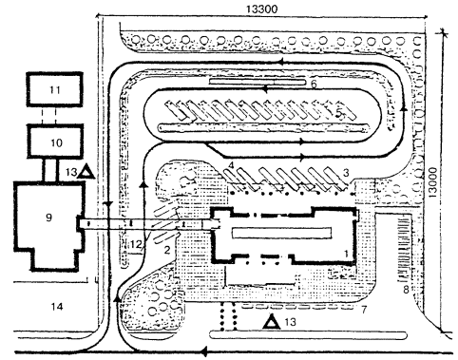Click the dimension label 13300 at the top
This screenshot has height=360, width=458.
pos(261,9)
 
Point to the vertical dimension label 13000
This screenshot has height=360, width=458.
pos(432,182)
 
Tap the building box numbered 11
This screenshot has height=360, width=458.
pos(54,89)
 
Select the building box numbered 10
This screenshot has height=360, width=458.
pos(55,142)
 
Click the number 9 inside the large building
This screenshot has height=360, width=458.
pos(48,218)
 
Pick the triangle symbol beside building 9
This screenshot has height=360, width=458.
pos(86,172)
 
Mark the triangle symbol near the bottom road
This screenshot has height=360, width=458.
pos(273,322)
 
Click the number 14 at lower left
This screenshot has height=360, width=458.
pos(57,306)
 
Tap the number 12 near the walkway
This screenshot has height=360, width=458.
pos(137,244)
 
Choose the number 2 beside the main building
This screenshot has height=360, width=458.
pos(167,250)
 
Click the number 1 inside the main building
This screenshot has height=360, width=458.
pos(346,254)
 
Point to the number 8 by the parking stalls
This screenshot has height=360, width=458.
pos(406,290)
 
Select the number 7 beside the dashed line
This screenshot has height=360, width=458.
pos(364,310)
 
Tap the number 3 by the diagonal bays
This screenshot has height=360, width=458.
pos(346,173)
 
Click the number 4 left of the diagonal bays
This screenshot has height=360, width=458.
pos(231,165)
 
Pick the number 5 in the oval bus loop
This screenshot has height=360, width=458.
pos(339,113)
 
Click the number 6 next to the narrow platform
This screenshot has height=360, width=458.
pos(314,85)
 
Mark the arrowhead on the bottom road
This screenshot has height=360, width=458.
pos(204,351)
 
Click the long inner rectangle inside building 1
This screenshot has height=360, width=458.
pos(282,233)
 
